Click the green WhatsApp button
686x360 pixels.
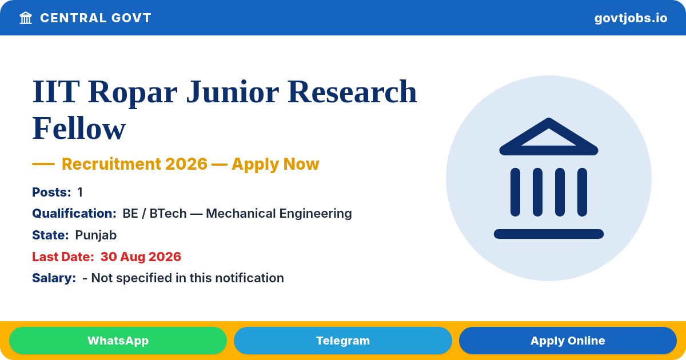[118, 341]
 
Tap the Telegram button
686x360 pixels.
[342, 341]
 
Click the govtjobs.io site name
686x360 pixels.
[631, 18]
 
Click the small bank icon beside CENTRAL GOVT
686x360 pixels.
[26, 18]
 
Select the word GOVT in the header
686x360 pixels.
[131, 18]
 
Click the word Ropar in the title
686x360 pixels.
[133, 93]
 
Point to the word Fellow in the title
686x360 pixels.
[79, 128]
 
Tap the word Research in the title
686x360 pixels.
[352, 91]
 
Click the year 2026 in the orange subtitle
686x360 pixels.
[186, 164]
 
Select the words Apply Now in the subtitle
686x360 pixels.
[276, 164]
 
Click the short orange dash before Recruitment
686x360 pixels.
[43, 164]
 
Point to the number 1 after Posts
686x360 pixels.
[80, 192]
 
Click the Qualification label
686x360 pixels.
[74, 213]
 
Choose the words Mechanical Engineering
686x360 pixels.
[279, 214]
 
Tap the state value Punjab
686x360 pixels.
[96, 235]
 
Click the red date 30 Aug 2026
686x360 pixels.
[141, 257]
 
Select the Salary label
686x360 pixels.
[54, 278]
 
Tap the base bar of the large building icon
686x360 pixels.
[548, 234]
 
